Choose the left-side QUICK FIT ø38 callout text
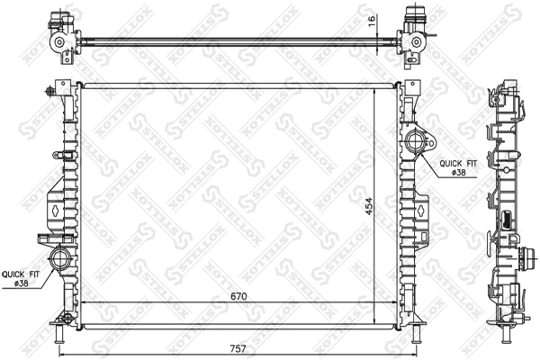coord(19,278)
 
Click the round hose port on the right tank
coord(416,140)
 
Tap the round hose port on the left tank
coord(61,259)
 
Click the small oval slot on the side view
coord(508,219)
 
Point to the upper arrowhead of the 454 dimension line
coord(374,94)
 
